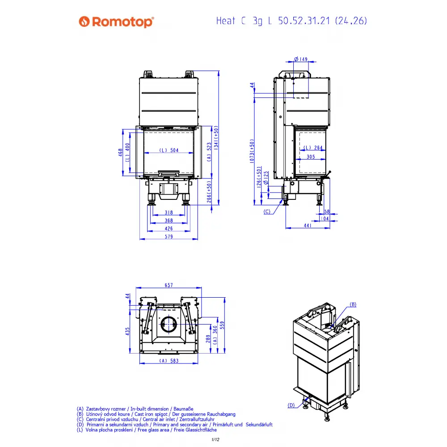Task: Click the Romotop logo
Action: [116, 21]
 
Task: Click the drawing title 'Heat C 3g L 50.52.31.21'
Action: [273, 21]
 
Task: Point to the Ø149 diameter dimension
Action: [301, 59]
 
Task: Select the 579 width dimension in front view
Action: [169, 236]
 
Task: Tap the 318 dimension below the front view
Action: [169, 212]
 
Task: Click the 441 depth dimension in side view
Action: [308, 225]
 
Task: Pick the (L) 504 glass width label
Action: [169, 150]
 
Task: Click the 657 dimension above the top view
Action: [169, 285]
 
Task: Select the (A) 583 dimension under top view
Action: [169, 361]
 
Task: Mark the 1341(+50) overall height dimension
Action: [216, 138]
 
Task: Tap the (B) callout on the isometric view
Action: [353, 304]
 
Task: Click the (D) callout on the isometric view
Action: [291, 405]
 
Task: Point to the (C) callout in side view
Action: [267, 211]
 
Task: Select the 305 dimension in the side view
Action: [311, 156]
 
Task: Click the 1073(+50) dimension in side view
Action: [252, 151]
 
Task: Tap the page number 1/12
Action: [215, 439]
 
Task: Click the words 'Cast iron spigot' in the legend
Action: [151, 414]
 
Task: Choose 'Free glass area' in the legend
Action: [153, 430]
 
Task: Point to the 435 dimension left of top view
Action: [127, 331]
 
